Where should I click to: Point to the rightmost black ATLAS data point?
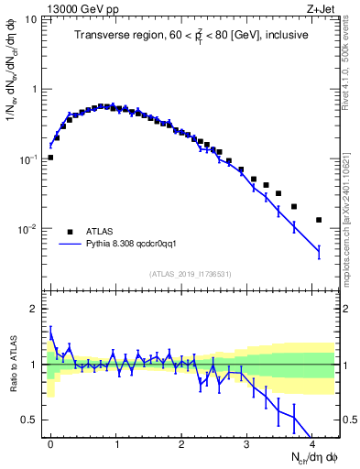pos(318,220)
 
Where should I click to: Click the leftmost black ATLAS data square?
pos(50,158)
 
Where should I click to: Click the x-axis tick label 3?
pos(245,440)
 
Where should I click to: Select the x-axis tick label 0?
pos(50,440)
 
